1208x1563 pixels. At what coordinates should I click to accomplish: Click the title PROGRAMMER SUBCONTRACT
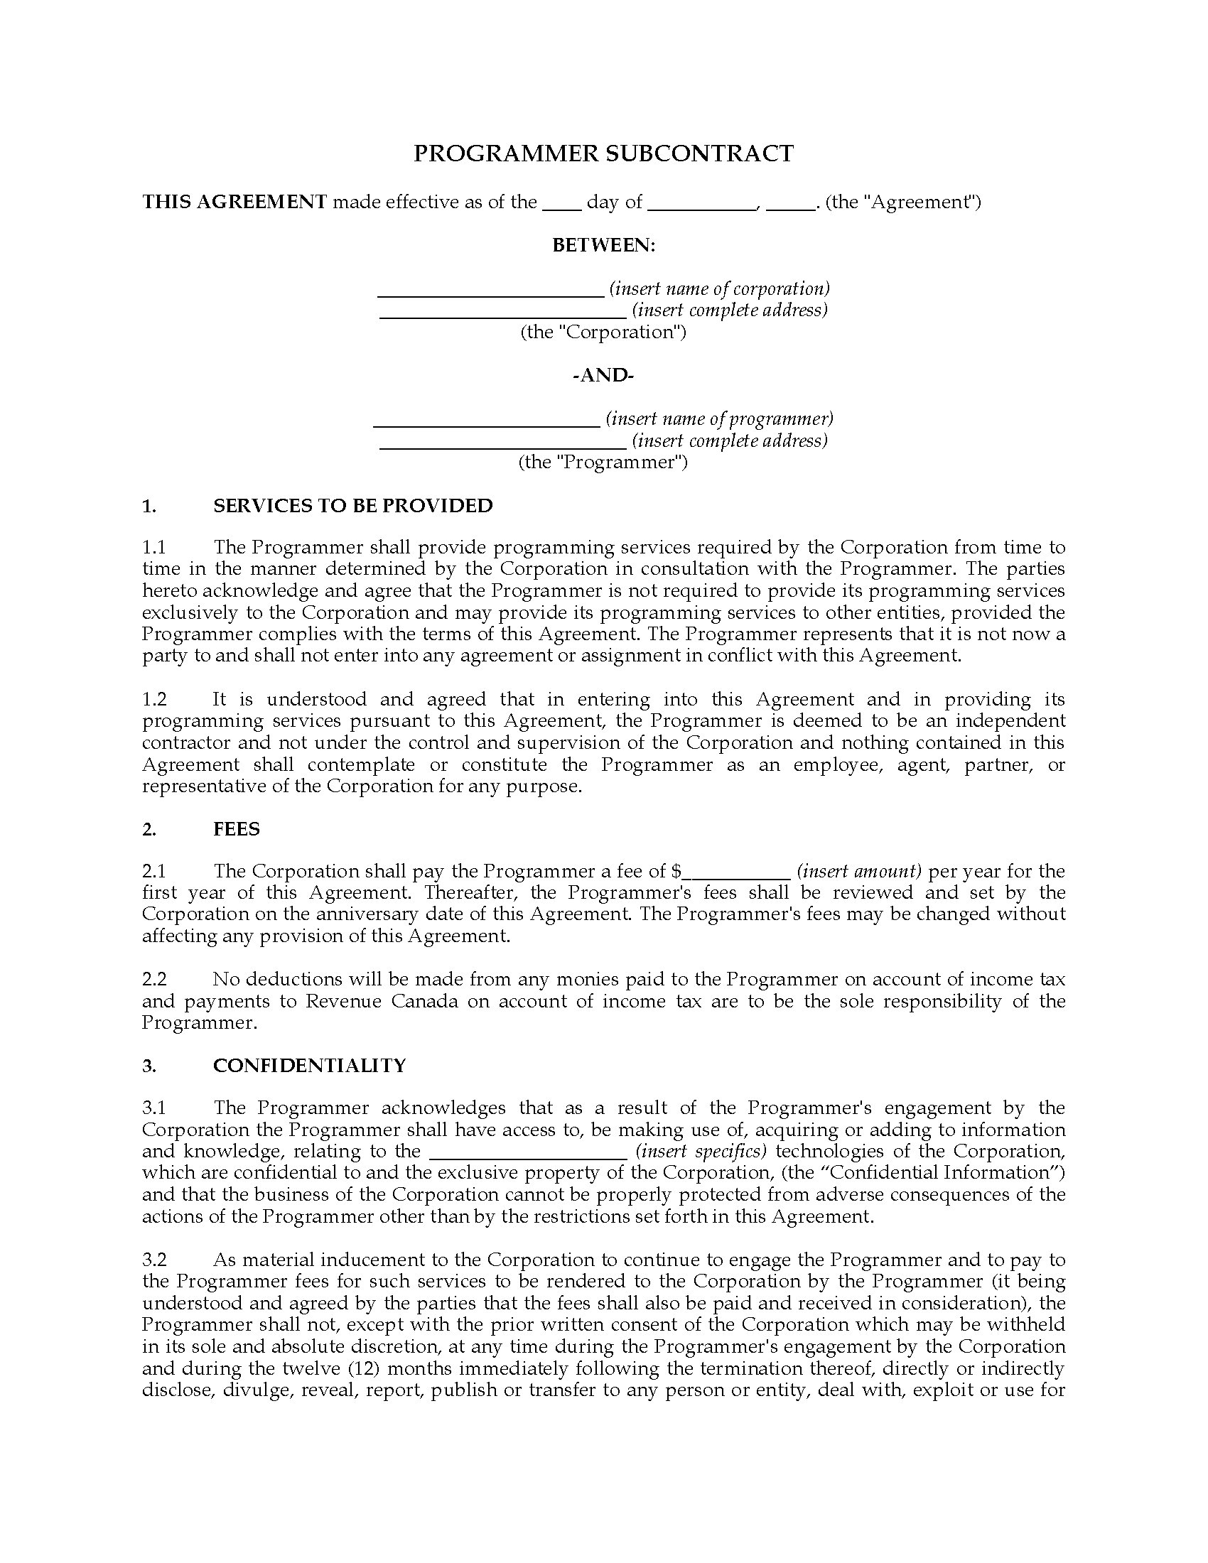coord(603,154)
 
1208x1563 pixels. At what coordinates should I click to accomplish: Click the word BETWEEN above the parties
coord(603,246)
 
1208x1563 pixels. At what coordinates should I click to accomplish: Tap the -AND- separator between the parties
coord(603,375)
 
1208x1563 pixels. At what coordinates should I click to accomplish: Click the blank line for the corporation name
coord(490,291)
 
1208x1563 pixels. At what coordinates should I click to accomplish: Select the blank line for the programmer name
coord(487,420)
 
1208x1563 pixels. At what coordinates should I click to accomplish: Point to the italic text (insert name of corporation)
coord(719,288)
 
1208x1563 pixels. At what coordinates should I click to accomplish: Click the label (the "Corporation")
coord(603,332)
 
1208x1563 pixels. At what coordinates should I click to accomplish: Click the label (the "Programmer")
coord(603,462)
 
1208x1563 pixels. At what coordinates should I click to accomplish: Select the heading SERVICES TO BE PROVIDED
coord(353,506)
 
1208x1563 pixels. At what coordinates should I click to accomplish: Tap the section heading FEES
coord(236,828)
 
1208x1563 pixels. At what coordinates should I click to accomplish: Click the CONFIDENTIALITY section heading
coord(309,1066)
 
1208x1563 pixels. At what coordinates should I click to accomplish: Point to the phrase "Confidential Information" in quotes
coord(947,1172)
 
